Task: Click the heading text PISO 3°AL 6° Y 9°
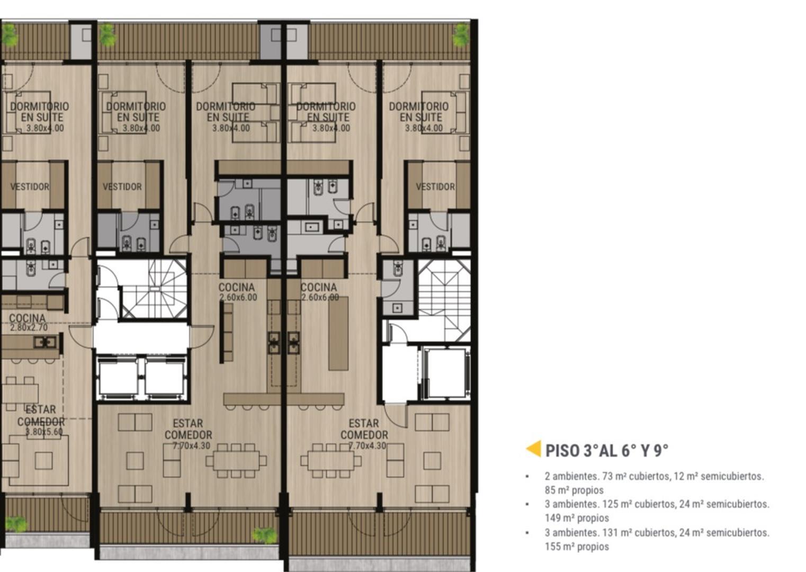[607, 450]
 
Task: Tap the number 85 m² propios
[574, 490]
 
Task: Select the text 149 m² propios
[577, 518]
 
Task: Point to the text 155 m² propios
[577, 547]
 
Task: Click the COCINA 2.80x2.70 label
[28, 322]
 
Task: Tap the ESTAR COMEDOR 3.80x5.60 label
[41, 420]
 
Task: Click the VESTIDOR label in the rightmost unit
[435, 186]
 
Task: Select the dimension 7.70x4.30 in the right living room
[367, 445]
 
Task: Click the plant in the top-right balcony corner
[461, 35]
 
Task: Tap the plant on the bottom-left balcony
[16, 524]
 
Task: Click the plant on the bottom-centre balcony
[265, 535]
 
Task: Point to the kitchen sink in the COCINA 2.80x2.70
[45, 342]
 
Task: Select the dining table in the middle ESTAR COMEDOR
[236, 461]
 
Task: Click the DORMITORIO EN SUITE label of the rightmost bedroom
[419, 112]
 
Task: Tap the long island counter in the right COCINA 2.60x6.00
[338, 333]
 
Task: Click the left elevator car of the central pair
[118, 378]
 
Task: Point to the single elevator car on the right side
[445, 373]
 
